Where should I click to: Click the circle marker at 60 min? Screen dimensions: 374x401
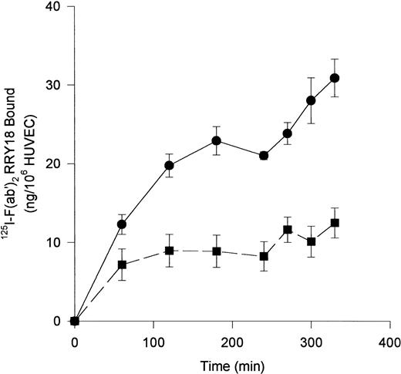[x=121, y=224]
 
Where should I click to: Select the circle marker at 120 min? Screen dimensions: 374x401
[x=169, y=165]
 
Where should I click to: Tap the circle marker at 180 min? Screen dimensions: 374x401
[x=217, y=140]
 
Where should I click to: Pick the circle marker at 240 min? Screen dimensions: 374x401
[x=264, y=155]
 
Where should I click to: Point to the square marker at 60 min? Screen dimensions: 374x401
[x=121, y=264]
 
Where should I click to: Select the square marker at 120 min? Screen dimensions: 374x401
[x=169, y=251]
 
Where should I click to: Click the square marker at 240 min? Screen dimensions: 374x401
[x=264, y=256]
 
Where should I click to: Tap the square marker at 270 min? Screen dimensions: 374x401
[x=288, y=229]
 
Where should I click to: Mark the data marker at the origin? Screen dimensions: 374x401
[x=74, y=321]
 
